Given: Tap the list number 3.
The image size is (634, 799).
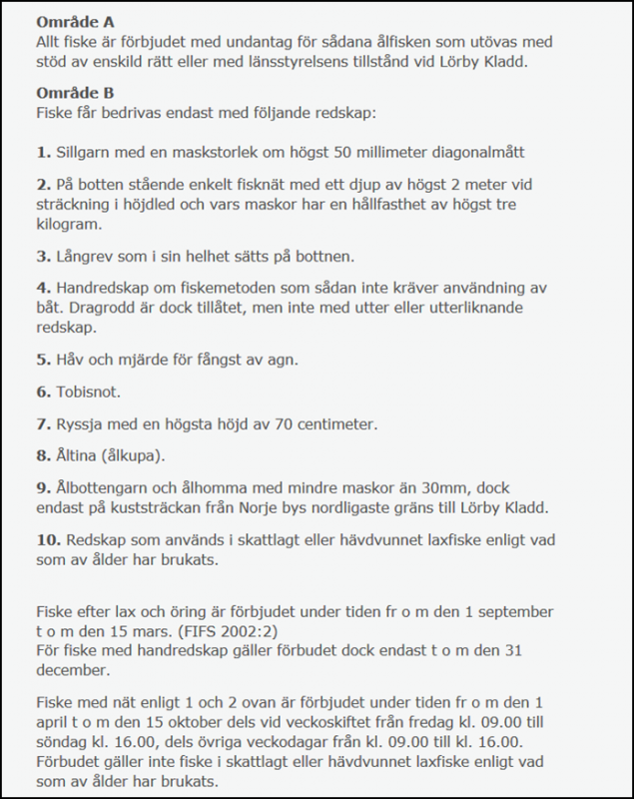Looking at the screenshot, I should [41, 256].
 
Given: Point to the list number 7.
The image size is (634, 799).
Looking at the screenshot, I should [41, 425].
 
